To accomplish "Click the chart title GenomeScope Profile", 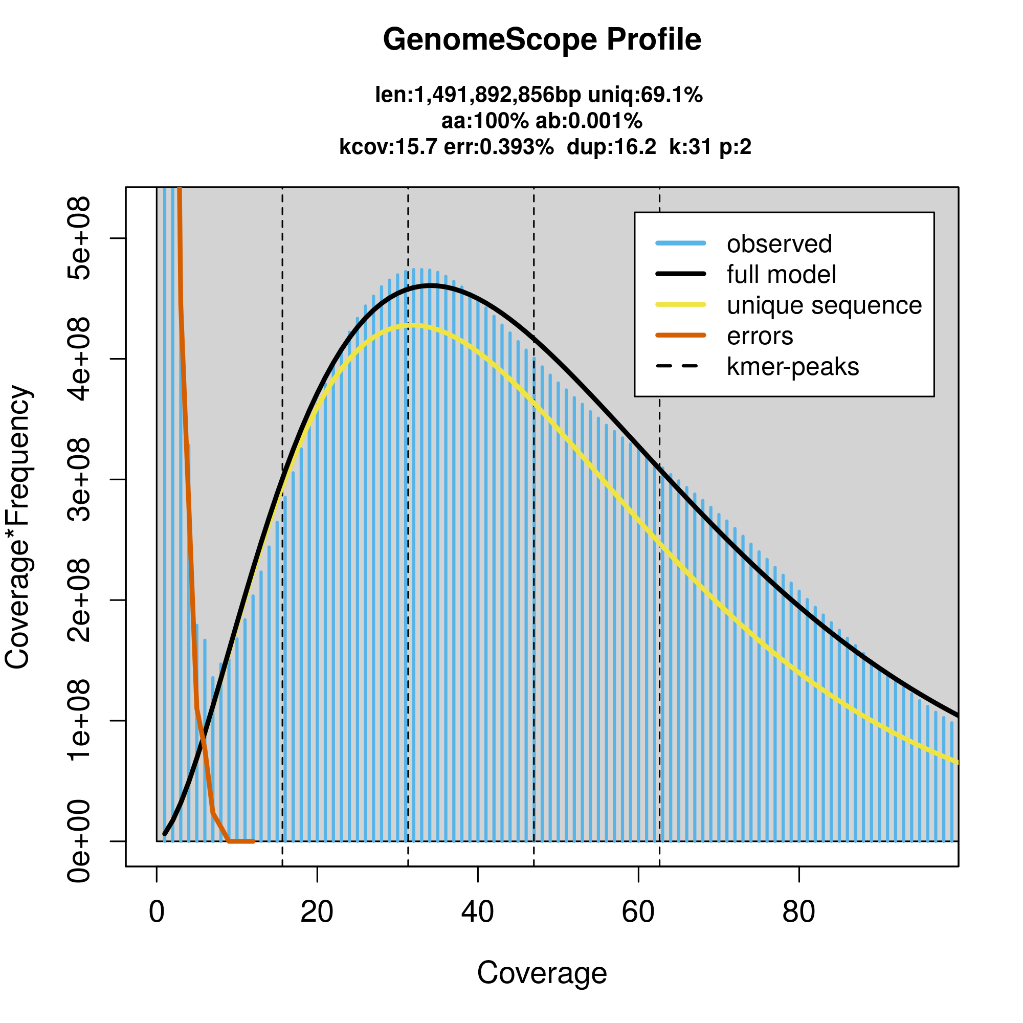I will (x=542, y=40).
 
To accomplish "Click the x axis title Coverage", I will (x=542, y=973).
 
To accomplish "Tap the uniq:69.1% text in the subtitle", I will (x=646, y=95).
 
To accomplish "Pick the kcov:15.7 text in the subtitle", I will (x=388, y=147).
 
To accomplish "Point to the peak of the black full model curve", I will (x=431, y=286).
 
